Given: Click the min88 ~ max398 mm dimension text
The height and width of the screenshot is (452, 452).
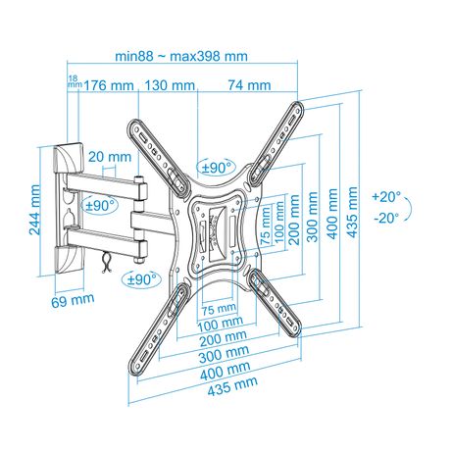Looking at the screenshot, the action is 181,56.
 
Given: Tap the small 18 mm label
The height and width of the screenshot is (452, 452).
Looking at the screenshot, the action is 74,81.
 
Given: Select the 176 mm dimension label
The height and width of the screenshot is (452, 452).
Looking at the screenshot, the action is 109,85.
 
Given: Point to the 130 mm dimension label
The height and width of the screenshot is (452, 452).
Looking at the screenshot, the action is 170,85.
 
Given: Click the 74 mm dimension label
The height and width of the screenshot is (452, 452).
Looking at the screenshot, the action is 250,85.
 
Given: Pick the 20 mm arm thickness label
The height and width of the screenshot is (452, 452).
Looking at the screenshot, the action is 110,157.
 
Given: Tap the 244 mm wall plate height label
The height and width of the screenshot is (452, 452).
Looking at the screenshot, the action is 34,210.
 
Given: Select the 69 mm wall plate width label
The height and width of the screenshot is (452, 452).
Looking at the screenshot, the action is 73,300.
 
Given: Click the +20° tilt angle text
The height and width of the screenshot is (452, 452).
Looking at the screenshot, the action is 386,197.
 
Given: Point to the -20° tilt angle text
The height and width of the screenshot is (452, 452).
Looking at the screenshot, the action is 386,218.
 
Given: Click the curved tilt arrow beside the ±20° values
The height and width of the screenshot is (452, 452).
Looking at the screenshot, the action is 410,209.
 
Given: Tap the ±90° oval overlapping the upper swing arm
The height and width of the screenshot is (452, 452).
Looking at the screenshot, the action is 100,206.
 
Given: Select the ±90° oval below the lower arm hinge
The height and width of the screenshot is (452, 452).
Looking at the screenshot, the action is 141,279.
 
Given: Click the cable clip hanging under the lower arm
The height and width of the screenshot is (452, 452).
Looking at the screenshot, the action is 106,263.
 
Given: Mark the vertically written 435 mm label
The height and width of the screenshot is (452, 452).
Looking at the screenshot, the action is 352,212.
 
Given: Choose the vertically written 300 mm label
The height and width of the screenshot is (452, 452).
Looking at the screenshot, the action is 313,217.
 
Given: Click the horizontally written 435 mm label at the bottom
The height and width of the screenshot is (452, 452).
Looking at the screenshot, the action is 232,386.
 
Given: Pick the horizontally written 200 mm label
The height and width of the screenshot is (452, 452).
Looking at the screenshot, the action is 224,338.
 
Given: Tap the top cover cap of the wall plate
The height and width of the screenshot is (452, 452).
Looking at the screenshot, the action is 68,159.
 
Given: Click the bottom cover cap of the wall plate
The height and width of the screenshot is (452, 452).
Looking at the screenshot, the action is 70,261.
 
